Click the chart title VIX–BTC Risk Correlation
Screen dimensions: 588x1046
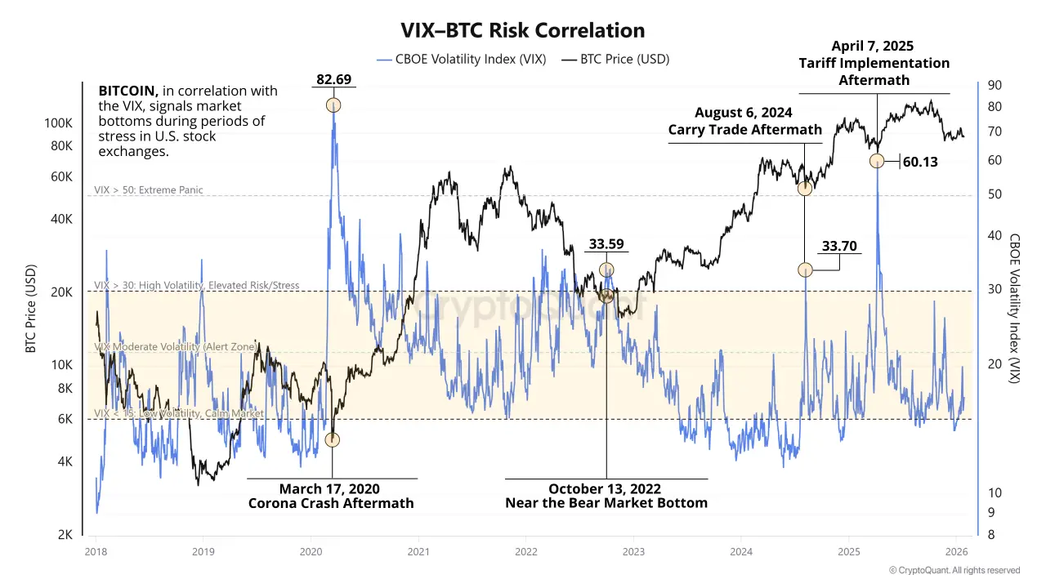522,30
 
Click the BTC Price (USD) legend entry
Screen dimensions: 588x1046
625,59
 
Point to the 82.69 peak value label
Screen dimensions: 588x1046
333,79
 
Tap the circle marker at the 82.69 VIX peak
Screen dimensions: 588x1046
333,105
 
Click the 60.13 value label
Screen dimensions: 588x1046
919,162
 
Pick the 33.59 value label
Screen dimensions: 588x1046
606,244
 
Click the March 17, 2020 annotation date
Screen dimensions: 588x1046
330,488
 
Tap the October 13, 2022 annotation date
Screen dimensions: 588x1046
606,488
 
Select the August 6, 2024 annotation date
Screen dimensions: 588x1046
744,113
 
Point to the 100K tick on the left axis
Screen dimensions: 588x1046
59,122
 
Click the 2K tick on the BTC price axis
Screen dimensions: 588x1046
65,534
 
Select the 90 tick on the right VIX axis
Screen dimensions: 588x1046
995,86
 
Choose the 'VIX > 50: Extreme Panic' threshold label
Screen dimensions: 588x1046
149,190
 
